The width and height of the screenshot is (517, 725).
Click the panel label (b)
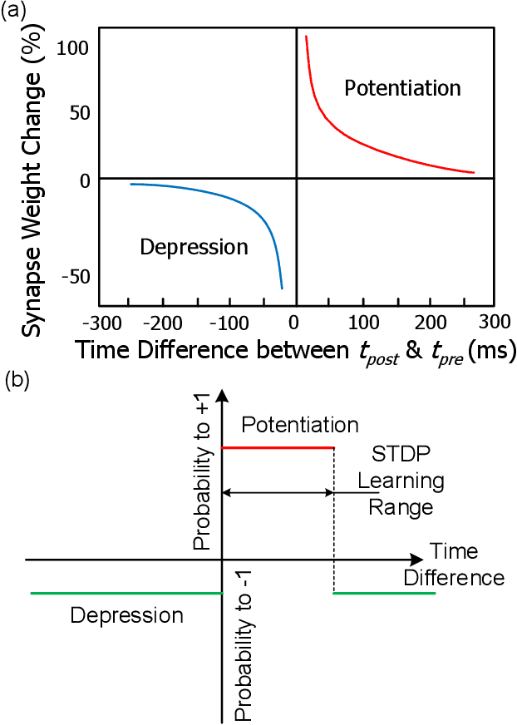point(18,380)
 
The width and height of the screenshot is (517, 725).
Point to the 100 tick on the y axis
point(72,47)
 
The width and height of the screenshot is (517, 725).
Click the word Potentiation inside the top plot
point(402,87)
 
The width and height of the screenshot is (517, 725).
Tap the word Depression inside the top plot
point(194,247)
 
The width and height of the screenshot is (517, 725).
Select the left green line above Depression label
point(125,593)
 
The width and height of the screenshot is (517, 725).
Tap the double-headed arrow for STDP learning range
point(278,493)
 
